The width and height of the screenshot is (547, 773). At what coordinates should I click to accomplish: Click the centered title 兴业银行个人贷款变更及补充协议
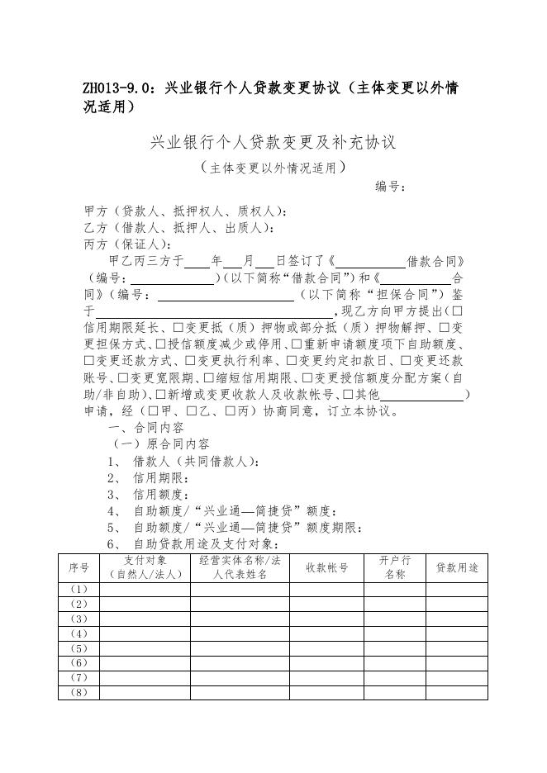point(273,142)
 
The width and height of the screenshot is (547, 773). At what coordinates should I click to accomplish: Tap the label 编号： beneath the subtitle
point(390,187)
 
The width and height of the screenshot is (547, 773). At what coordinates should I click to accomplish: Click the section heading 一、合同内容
point(146,428)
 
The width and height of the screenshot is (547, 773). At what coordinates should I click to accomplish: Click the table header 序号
point(78,567)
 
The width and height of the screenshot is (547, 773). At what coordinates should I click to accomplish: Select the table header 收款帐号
point(327,567)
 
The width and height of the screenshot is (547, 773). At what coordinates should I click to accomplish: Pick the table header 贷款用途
point(456,567)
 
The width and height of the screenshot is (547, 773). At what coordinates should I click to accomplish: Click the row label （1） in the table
point(78,590)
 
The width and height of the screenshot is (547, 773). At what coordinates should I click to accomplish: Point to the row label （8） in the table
point(78,692)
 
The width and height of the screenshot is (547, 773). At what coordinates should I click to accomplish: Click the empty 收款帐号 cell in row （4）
point(327,633)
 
